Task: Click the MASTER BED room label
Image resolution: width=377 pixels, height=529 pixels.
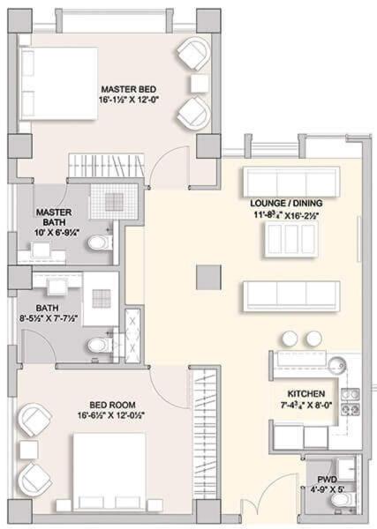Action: (129, 89)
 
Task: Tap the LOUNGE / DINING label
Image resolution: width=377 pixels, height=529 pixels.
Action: (286, 203)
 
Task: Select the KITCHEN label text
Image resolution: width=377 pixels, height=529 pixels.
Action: (306, 394)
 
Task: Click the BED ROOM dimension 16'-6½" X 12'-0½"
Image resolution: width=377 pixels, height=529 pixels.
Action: (111, 415)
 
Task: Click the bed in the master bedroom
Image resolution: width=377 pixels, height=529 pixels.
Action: (59, 84)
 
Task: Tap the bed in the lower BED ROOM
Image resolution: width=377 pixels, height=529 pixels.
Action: (109, 472)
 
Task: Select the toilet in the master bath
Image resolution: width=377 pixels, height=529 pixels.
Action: (100, 242)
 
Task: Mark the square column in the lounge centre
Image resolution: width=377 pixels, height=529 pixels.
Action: (208, 278)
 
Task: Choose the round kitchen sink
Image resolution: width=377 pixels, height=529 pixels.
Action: (336, 365)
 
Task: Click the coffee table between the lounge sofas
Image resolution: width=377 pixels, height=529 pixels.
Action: (290, 239)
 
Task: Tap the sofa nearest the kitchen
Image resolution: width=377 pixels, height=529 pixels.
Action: (291, 296)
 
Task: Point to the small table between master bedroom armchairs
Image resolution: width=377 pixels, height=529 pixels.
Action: (200, 84)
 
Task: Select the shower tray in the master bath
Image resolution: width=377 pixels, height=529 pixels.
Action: (114, 202)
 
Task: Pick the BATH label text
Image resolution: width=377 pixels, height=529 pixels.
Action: (47, 308)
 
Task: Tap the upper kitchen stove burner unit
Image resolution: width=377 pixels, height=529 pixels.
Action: (350, 394)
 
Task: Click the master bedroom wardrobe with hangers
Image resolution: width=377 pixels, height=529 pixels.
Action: (107, 166)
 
